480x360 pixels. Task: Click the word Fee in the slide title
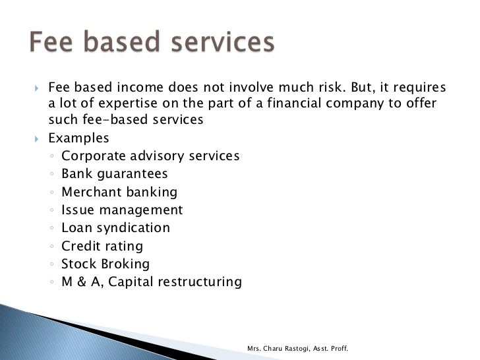(x=53, y=44)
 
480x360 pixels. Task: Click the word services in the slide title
(x=221, y=44)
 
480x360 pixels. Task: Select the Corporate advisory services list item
(x=150, y=156)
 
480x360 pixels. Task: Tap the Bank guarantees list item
(x=115, y=174)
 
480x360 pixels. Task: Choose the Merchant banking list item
(x=119, y=193)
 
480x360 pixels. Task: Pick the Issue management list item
(x=122, y=210)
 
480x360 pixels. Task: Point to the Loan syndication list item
(x=115, y=228)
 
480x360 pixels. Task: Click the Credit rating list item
(x=102, y=247)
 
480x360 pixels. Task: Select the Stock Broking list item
(x=105, y=264)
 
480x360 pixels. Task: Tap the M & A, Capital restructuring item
(x=152, y=282)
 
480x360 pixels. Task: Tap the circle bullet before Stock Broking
(x=52, y=265)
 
